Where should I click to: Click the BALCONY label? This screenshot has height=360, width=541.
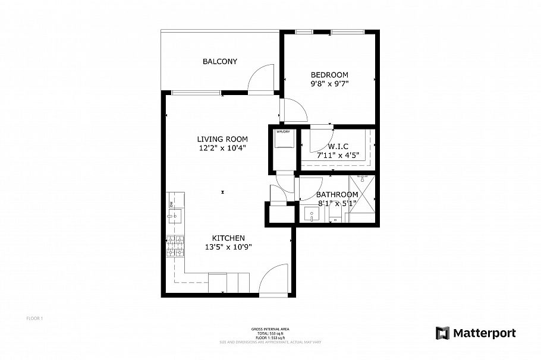tap(220, 61)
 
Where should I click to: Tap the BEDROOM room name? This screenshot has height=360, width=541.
tap(329, 74)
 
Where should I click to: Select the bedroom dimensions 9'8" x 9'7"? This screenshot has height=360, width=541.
tap(329, 84)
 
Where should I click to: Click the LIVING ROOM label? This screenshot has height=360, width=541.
tap(222, 140)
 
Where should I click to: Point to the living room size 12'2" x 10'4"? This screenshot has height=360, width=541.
tap(222, 149)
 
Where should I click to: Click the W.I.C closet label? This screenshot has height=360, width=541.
tap(338, 146)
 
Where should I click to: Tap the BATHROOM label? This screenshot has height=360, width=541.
tap(336, 194)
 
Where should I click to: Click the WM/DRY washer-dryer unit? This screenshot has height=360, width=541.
tap(282, 146)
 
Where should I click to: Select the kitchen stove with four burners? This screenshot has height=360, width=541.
tap(175, 247)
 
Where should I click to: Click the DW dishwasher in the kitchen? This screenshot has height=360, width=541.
tap(172, 204)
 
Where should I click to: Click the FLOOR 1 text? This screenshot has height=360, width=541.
tap(34, 318)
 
